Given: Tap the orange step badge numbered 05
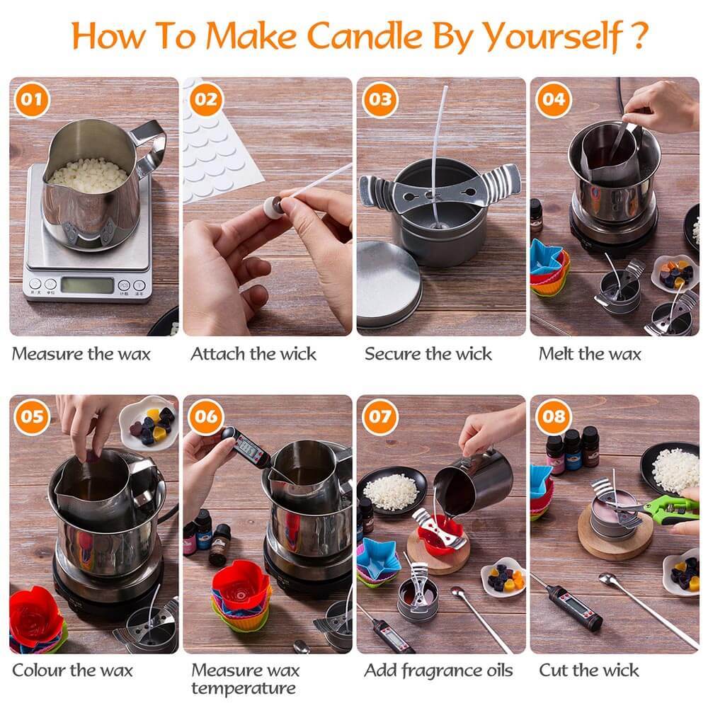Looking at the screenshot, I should coord(30,416).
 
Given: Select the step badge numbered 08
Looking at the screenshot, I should coord(553,416).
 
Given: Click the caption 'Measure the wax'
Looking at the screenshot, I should coord(81,354).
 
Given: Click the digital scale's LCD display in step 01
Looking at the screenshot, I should coord(87,285).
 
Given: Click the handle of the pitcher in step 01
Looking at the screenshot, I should coord(151,145).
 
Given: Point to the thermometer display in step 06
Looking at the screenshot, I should coord(248,447).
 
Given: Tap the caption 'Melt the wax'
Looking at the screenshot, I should coord(589,354).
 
